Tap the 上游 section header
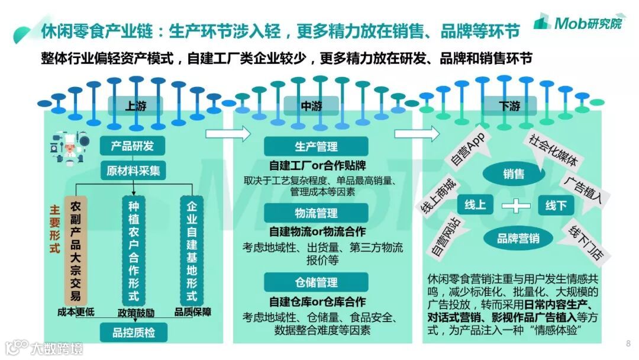click(x=135, y=107)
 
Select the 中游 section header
click(x=312, y=107)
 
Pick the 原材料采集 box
click(x=133, y=171)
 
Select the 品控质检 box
click(x=133, y=332)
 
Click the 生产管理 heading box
click(x=317, y=146)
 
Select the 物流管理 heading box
click(x=317, y=213)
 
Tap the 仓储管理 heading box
click(x=317, y=282)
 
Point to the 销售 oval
click(x=513, y=174)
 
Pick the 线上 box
click(x=475, y=205)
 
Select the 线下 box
click(x=556, y=205)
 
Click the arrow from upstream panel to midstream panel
click(x=228, y=134)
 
